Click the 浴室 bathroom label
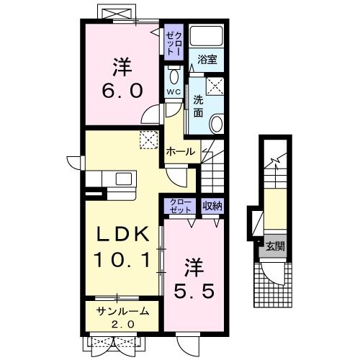[207, 60]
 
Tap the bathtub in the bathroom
[207, 35]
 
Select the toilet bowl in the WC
[174, 76]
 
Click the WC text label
[174, 91]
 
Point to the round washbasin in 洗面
[217, 124]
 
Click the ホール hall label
[181, 152]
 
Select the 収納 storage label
[212, 206]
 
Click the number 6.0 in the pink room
[122, 91]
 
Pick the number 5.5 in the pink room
[194, 291]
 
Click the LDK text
[122, 234]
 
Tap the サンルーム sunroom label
[122, 312]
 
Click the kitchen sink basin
[124, 179]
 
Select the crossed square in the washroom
[215, 86]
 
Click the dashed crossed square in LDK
[149, 140]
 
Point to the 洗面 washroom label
[198, 107]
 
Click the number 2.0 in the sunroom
[122, 325]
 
